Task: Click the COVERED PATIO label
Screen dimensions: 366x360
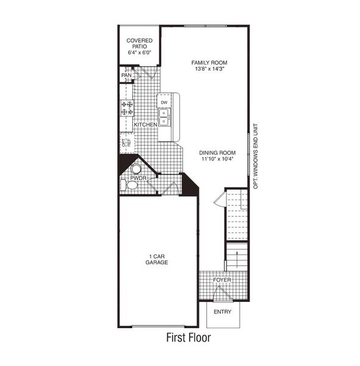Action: tap(139, 43)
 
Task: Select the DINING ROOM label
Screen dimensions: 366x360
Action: tap(217, 152)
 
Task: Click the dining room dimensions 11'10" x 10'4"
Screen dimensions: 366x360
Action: tap(217, 159)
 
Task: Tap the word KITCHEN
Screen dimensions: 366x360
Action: tap(146, 124)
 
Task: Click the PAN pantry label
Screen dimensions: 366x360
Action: tap(126, 76)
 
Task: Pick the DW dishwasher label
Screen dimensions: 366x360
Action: tap(164, 102)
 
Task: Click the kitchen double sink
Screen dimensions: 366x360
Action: tap(165, 117)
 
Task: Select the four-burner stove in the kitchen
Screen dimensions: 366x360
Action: tap(127, 108)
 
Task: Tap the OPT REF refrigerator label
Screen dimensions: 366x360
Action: tap(126, 143)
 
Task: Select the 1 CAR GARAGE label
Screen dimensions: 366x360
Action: tap(157, 259)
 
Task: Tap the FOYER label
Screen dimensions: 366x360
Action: tap(222, 280)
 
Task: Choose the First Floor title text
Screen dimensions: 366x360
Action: tap(188, 336)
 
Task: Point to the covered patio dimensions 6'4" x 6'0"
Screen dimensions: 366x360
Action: tap(139, 53)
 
